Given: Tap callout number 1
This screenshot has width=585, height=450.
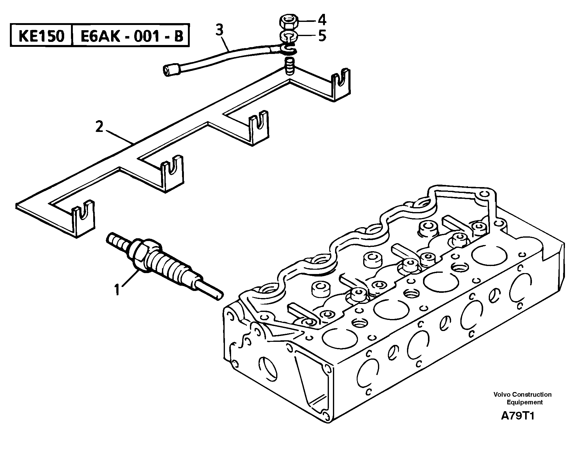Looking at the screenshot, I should pos(117,290).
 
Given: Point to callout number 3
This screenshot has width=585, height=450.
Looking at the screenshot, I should pos(219,31).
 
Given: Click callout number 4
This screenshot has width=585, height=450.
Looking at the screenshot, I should pos(322,20).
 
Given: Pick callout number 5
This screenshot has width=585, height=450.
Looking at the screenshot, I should pos(322,36).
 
